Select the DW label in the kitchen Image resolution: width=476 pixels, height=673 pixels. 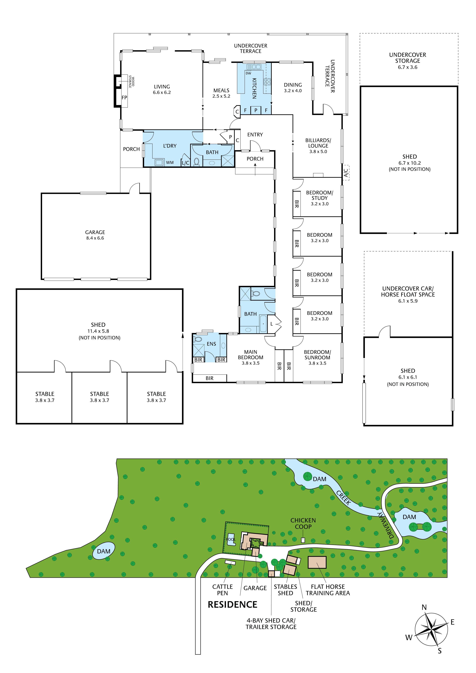(248, 73)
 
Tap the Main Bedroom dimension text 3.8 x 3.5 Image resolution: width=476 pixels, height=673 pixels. (251, 363)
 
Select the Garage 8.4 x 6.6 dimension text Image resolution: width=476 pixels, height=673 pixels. (95, 238)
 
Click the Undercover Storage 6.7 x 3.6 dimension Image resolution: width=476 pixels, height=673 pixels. (407, 67)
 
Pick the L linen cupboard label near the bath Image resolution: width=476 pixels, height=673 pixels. (272, 324)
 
